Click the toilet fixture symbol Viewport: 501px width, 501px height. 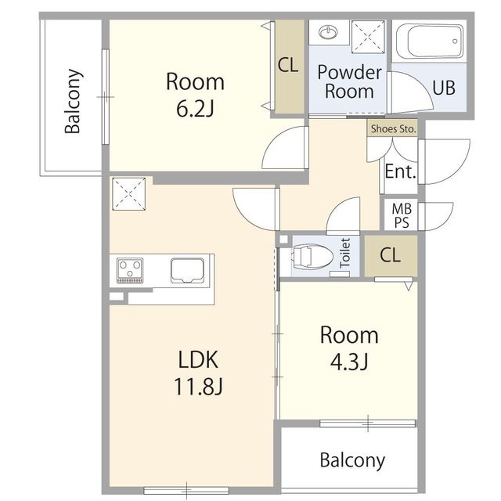click(x=312, y=256)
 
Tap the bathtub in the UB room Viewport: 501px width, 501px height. click(x=430, y=41)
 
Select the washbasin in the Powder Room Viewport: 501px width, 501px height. click(x=328, y=32)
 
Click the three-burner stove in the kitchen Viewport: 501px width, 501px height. click(x=130, y=270)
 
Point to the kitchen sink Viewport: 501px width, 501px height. click(x=187, y=270)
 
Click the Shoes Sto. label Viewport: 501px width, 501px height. click(x=393, y=128)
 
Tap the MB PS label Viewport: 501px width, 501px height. click(x=402, y=216)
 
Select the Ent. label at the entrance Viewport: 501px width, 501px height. click(x=400, y=171)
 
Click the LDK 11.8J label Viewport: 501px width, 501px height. click(x=198, y=373)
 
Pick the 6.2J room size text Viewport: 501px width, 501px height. click(x=195, y=109)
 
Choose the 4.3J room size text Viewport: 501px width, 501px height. click(x=349, y=362)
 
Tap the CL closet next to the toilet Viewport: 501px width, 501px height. click(x=391, y=255)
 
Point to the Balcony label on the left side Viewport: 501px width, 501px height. click(x=73, y=101)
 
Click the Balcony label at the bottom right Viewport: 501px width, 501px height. click(x=352, y=460)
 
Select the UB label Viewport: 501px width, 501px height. click(x=444, y=88)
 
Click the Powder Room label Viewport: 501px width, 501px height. click(x=349, y=81)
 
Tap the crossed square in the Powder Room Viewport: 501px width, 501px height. click(x=368, y=37)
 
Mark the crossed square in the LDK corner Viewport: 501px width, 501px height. click(x=128, y=194)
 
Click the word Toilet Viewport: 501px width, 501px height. click(x=344, y=253)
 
